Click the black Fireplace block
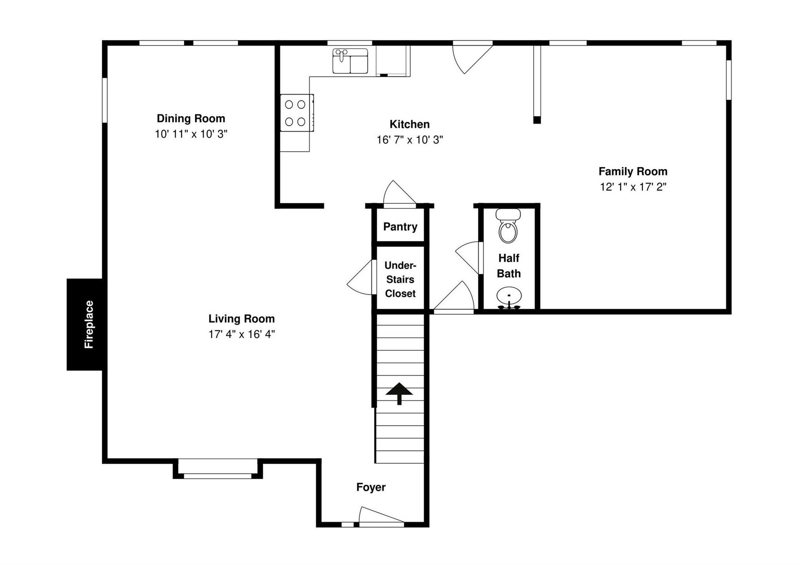click(84, 324)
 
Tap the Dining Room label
click(191, 118)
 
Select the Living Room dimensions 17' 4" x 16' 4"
click(242, 334)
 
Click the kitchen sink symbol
click(350, 61)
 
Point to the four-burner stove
click(296, 113)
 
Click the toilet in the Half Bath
click(508, 227)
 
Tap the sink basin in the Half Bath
click(509, 296)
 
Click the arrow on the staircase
click(399, 393)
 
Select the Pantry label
click(400, 226)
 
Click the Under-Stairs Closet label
click(400, 279)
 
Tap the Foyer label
click(371, 487)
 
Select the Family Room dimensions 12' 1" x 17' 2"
click(633, 187)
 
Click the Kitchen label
click(409, 124)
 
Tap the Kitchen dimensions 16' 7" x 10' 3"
click(409, 140)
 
